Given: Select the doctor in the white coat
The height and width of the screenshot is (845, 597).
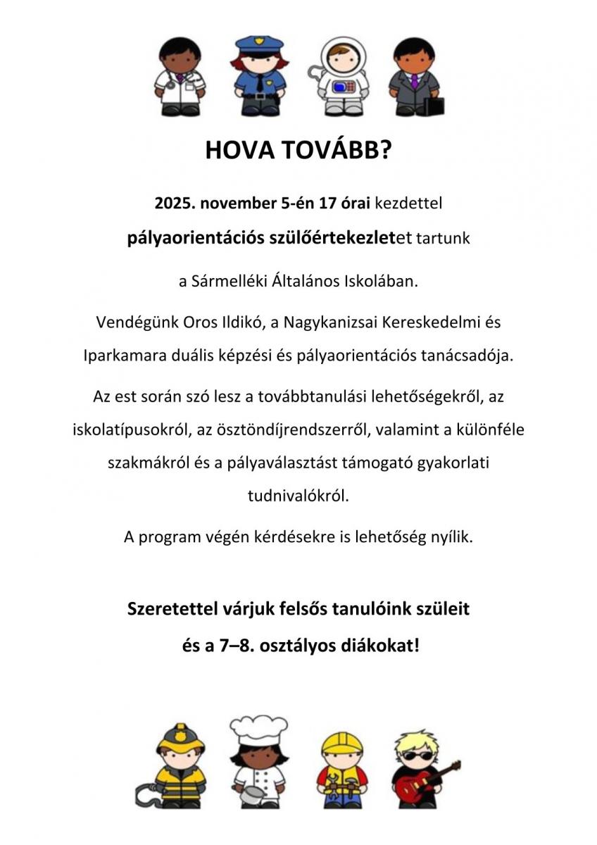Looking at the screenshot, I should tap(180, 77).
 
